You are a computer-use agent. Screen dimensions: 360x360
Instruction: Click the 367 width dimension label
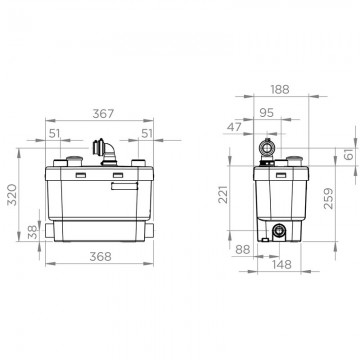point(103,114)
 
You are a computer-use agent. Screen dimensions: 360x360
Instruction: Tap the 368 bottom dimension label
point(100,257)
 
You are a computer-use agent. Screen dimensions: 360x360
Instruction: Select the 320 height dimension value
point(12,195)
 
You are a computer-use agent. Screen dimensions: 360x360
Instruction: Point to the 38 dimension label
point(33,231)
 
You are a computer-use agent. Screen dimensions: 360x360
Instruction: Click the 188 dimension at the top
point(279,90)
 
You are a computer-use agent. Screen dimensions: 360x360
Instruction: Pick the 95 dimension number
point(266,113)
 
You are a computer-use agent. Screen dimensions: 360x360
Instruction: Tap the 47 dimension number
point(234,127)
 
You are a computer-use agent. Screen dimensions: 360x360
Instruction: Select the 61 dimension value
point(348,154)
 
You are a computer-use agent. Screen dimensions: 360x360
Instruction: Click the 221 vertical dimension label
point(223,194)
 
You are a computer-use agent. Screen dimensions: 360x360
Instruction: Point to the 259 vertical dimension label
point(328,199)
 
